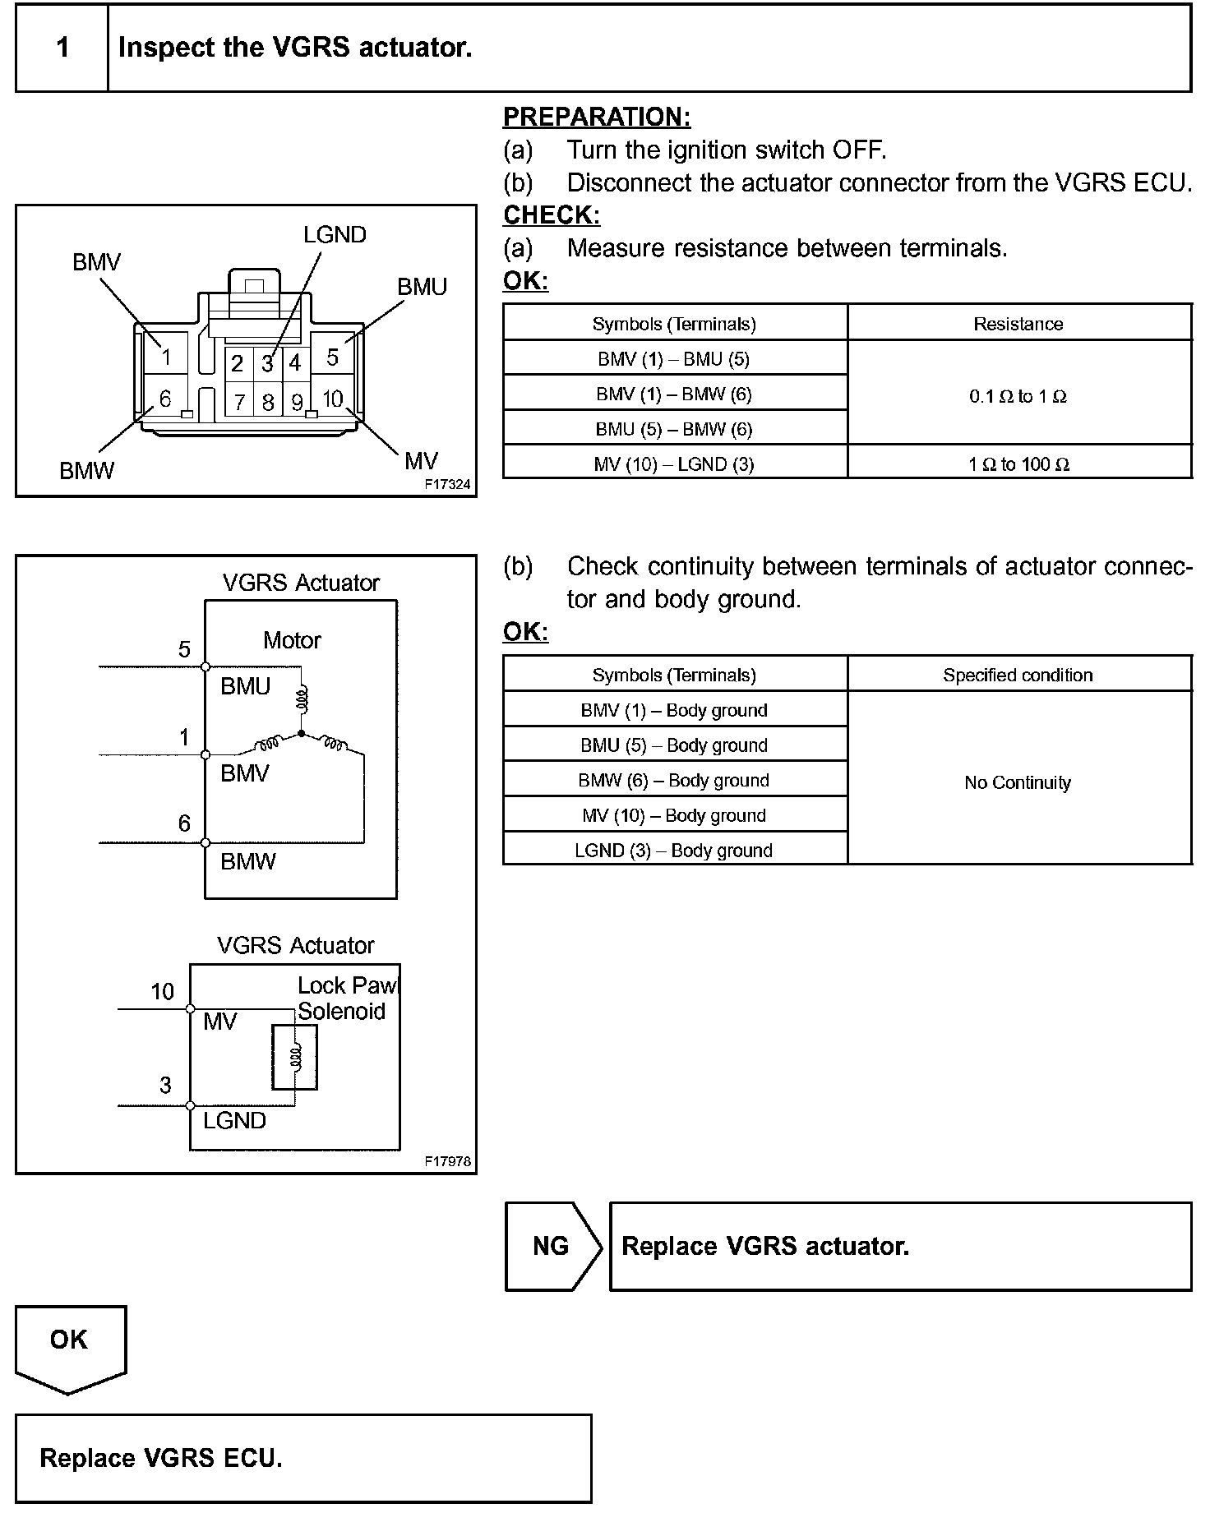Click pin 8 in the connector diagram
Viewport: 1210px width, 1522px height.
[x=268, y=402]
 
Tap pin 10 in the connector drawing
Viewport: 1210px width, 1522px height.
[x=332, y=399]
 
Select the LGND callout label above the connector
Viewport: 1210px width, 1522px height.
[x=335, y=235]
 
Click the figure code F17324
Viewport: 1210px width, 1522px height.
[x=447, y=485]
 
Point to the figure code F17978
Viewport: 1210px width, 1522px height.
[x=447, y=1161]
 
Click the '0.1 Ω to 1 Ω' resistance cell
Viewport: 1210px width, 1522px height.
[x=1018, y=396]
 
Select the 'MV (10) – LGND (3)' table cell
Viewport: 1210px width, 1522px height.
[x=674, y=464]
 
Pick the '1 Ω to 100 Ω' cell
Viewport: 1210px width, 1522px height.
[x=1018, y=464]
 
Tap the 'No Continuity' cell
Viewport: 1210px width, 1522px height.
[x=1018, y=782]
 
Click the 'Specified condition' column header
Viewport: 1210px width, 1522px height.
[x=1018, y=676]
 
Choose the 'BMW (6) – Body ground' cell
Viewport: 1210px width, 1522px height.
[x=674, y=781]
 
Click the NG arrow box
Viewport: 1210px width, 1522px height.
[x=552, y=1246]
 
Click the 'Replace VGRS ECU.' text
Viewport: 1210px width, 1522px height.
[x=161, y=1458]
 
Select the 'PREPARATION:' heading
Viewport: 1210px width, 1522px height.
[x=597, y=118]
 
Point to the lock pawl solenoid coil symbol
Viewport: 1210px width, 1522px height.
[x=295, y=1057]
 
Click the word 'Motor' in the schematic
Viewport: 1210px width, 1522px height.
[x=292, y=640]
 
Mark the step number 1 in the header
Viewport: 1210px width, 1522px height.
[x=62, y=48]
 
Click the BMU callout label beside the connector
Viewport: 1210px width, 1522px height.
[x=422, y=287]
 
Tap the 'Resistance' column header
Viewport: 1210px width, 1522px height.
[x=1018, y=324]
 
